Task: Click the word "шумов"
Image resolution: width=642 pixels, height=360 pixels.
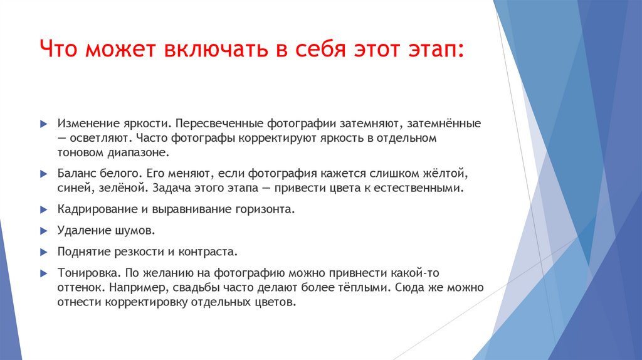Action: (133, 230)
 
